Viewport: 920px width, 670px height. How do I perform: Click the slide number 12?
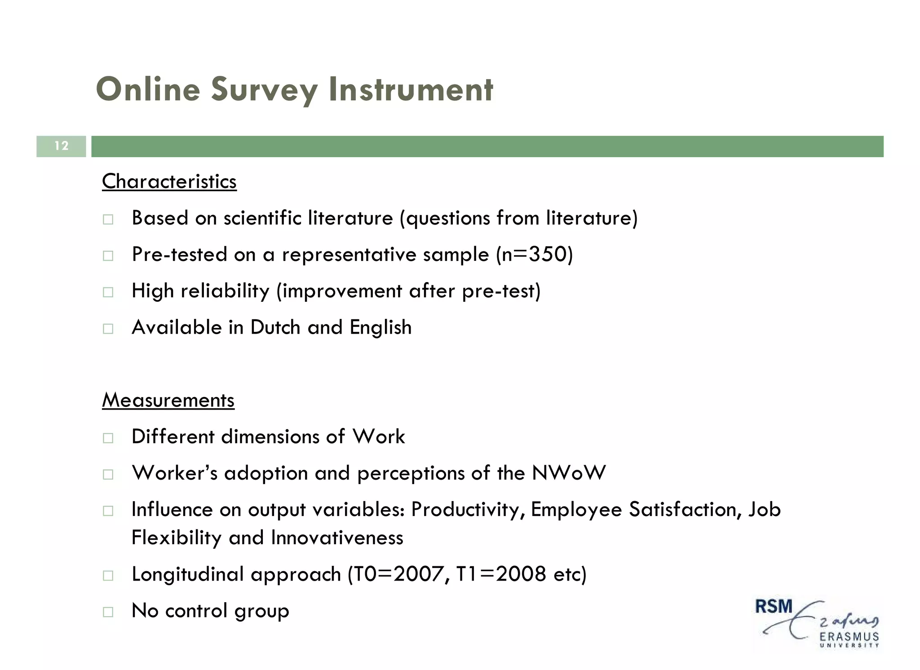pos(61,146)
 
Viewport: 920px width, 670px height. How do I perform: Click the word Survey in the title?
pos(264,90)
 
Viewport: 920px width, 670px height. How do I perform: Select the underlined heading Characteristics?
pos(169,182)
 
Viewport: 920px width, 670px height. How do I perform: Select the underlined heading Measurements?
pos(168,400)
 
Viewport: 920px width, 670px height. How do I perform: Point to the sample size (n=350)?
pos(535,255)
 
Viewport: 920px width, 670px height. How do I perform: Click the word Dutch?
pos(275,327)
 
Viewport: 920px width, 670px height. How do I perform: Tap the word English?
pos(380,327)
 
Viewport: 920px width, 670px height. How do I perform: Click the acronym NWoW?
pos(569,473)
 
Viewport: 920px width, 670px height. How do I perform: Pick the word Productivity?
pos(468,510)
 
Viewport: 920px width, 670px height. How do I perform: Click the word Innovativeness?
pos(337,538)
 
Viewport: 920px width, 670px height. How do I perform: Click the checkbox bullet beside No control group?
pos(108,612)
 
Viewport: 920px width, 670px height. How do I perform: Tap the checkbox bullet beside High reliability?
pos(108,292)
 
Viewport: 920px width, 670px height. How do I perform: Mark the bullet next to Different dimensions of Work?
pos(108,438)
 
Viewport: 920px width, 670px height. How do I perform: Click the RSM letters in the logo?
pos(774,607)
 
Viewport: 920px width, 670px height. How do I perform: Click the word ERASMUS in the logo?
pos(849,637)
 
